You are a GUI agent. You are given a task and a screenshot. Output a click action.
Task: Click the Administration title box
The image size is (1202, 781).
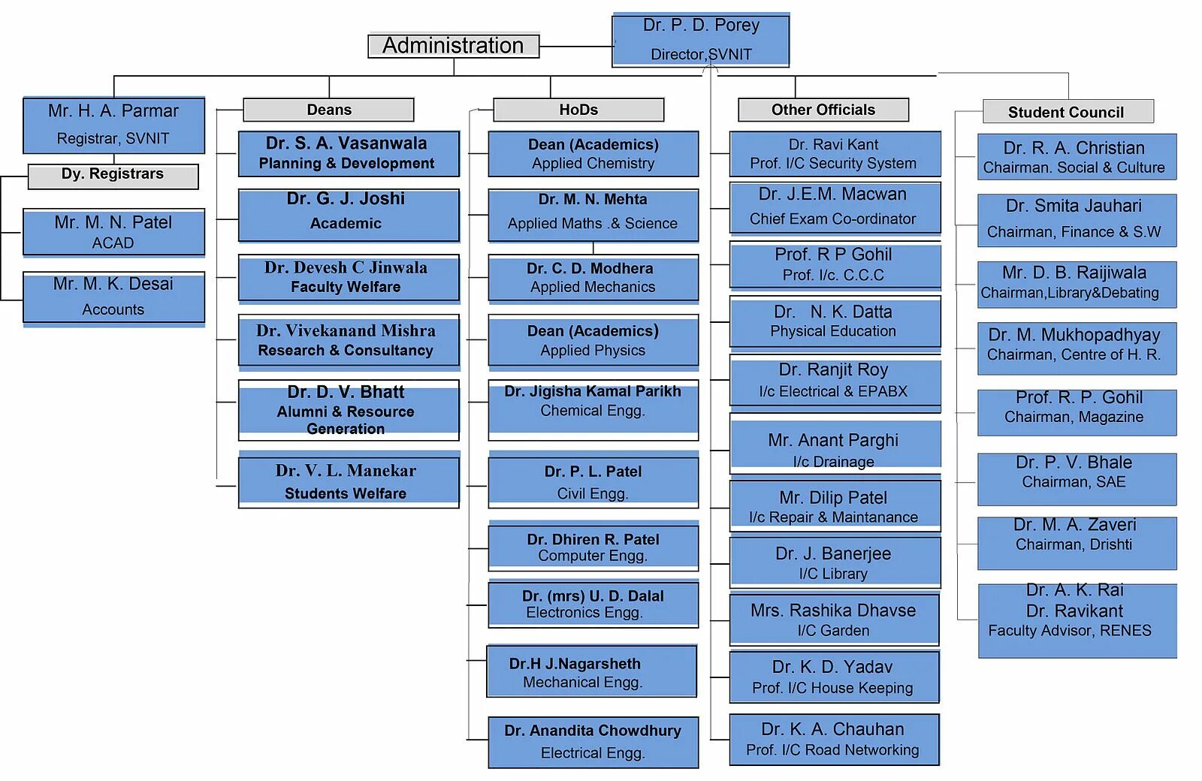pos(453,46)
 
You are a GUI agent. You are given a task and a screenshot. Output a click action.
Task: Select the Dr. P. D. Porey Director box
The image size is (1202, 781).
pos(700,40)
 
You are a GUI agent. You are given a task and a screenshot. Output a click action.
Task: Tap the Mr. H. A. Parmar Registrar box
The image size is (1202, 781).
pos(113,125)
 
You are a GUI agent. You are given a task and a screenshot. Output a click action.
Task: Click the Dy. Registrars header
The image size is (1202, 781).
pos(113,175)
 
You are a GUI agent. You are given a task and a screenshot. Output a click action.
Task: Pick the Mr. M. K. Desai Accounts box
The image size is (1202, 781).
pos(113,297)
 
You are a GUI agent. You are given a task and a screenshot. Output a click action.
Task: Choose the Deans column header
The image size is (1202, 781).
pos(328,110)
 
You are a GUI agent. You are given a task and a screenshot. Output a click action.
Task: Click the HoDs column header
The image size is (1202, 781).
pos(578,110)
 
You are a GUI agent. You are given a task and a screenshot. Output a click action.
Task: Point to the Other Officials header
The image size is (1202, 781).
pos(823,110)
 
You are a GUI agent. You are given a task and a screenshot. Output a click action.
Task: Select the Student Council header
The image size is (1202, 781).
pos(1067,112)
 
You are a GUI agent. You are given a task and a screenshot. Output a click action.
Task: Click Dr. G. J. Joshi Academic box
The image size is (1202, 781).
pos(348,215)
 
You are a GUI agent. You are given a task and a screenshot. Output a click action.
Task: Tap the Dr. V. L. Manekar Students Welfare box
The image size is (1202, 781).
pos(348,482)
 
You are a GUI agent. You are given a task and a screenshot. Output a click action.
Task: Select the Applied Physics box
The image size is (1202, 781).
pos(593,341)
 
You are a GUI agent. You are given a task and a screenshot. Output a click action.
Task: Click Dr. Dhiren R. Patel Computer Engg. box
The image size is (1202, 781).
pos(593,547)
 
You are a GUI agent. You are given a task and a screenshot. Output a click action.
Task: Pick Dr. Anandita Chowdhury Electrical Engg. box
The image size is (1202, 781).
pos(593,742)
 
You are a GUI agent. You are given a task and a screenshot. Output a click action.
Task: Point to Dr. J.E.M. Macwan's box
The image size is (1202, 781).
pos(834,207)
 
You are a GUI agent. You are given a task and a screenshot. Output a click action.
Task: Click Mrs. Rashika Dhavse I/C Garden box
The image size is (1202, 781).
pos(833,620)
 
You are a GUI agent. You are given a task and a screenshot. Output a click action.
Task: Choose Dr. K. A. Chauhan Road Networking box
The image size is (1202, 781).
pos(833,739)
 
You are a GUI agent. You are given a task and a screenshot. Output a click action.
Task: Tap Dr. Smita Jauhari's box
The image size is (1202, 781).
pos(1076,219)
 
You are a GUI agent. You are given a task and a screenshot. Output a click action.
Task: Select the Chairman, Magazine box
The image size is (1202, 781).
pos(1076,412)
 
